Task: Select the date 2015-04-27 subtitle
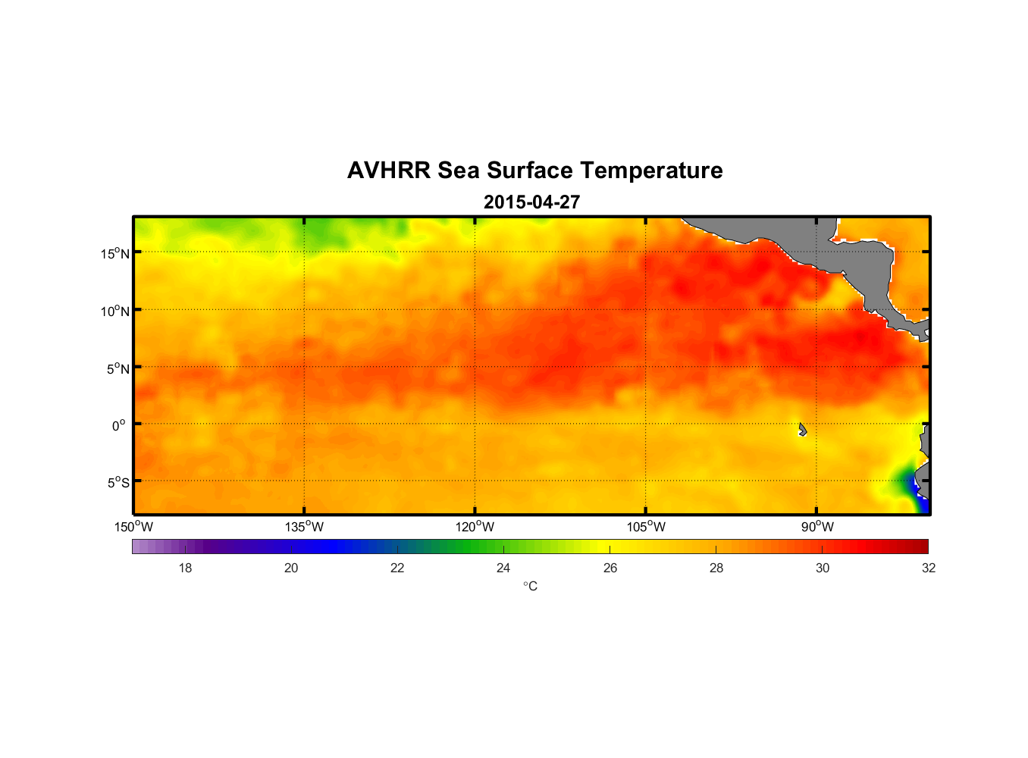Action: pos(531,202)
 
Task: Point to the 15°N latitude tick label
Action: pos(115,253)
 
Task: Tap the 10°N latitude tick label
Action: pos(115,311)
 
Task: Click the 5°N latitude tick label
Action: pos(118,368)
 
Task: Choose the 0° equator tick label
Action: pos(119,425)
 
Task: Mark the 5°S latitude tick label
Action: pos(118,483)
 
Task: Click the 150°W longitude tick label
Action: pos(133,527)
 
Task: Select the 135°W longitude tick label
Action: pos(304,527)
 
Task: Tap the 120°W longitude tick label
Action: pos(475,527)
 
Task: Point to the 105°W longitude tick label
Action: pos(646,527)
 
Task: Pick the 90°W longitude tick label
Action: pos(817,527)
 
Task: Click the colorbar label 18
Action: pos(185,568)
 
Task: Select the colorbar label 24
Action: pos(503,568)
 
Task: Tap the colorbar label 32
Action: pos(929,568)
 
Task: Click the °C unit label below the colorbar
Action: pos(530,586)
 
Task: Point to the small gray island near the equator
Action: pos(802,430)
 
